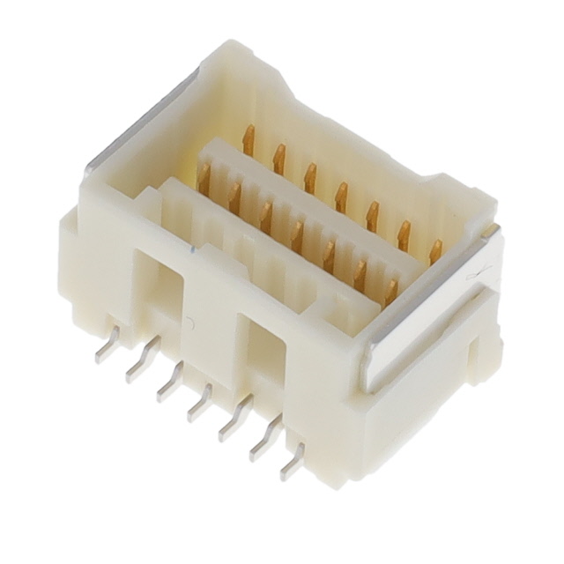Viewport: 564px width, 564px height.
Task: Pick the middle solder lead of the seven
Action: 200,402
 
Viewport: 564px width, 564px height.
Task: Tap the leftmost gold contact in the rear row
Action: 249,140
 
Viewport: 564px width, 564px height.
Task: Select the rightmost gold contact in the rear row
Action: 435,252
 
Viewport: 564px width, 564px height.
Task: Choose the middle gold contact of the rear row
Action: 341,197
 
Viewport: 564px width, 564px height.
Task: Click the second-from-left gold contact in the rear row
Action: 279,159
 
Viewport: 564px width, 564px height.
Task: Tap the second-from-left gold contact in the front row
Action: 234,197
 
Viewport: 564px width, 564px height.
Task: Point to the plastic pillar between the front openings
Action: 211,317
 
